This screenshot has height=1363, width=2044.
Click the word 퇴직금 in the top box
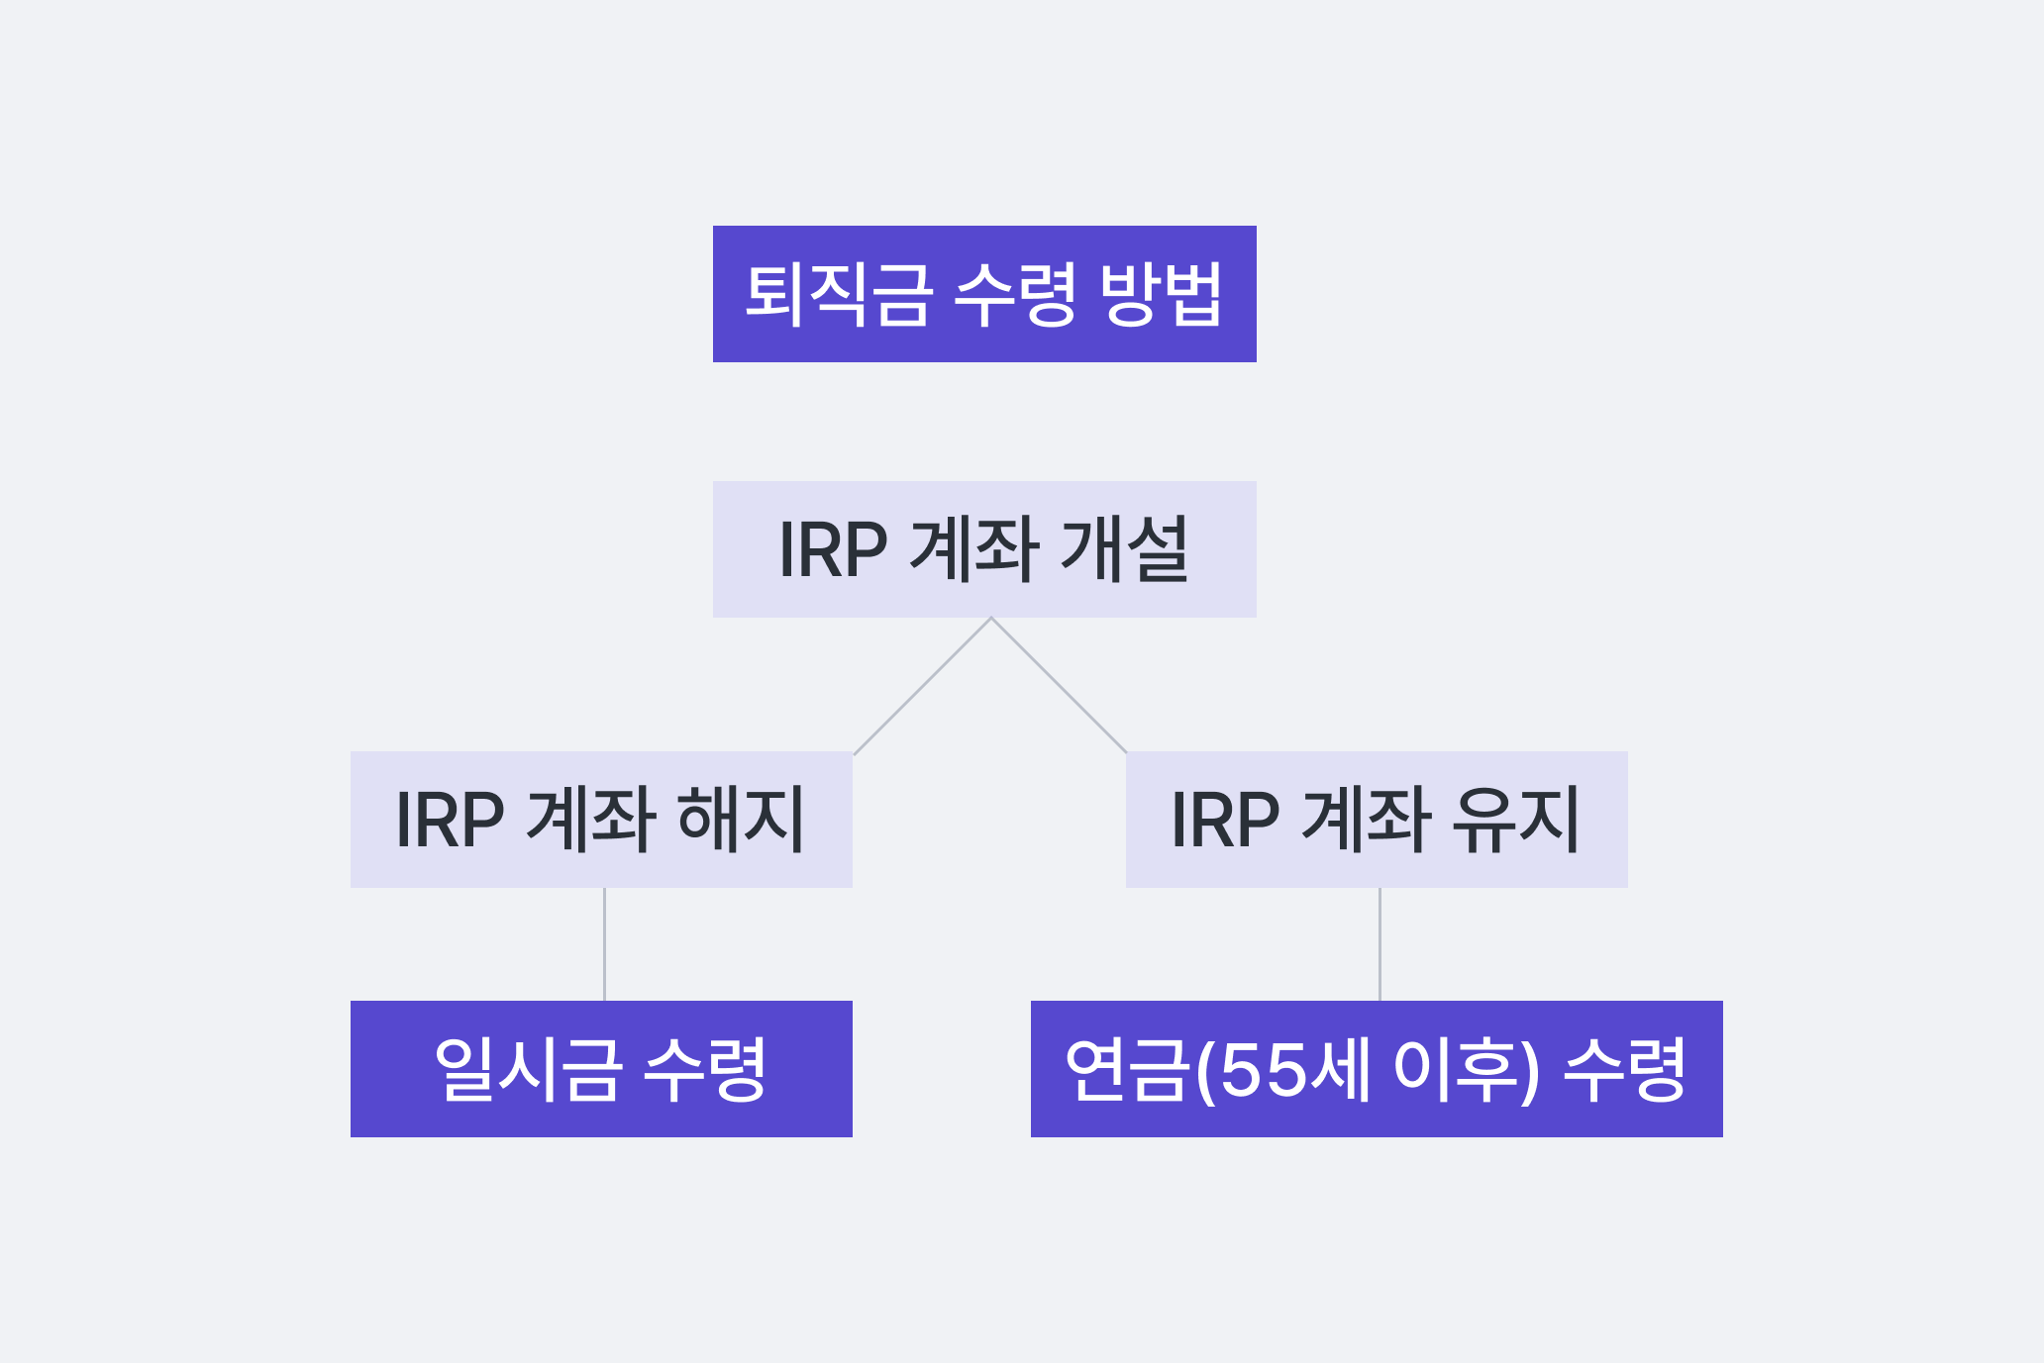(x=838, y=294)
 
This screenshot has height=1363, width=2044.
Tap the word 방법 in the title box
(x=1161, y=294)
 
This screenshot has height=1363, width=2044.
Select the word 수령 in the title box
(x=1014, y=294)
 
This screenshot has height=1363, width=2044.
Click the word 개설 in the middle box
(x=1124, y=549)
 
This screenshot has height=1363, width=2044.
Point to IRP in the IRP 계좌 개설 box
(x=832, y=550)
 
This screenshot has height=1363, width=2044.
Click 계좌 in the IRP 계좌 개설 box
(x=973, y=549)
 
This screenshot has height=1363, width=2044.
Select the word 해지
(x=741, y=820)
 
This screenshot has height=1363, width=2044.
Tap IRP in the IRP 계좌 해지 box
(x=450, y=821)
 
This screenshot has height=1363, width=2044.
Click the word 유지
(x=1515, y=820)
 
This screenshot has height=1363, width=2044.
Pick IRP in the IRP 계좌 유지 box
(x=1224, y=821)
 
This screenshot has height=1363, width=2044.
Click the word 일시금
(x=528, y=1069)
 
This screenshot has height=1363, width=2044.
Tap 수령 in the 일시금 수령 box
(x=704, y=1069)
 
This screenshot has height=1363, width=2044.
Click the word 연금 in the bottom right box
(x=1126, y=1069)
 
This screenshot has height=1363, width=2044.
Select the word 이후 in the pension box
(x=1455, y=1069)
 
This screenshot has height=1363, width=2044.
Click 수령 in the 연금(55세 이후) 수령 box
(x=1624, y=1069)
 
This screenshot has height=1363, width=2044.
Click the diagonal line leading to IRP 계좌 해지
(x=922, y=686)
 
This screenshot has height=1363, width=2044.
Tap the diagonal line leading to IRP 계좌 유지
(x=1059, y=686)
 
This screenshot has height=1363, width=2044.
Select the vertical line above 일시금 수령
(x=604, y=944)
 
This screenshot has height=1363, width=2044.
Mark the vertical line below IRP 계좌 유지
(x=1380, y=944)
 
